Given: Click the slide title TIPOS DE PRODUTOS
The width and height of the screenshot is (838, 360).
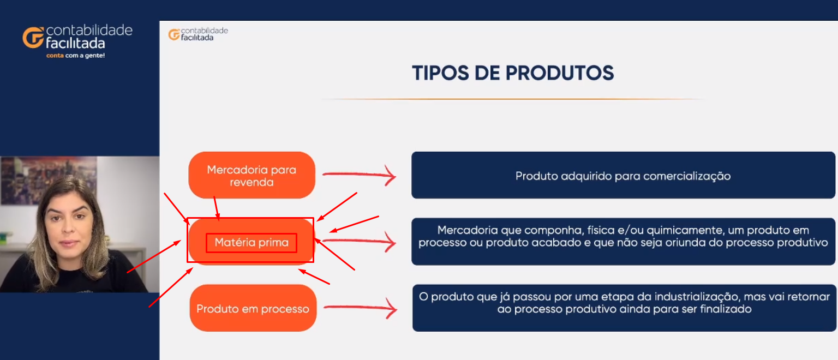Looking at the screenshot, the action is coord(513,73).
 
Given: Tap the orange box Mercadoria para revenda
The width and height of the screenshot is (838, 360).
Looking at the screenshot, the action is coord(252,175).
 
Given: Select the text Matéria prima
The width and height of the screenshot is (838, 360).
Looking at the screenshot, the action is coord(252,243).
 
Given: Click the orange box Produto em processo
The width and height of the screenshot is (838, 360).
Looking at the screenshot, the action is coord(253,308).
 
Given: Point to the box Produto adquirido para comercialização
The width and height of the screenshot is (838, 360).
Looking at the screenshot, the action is coord(623,175).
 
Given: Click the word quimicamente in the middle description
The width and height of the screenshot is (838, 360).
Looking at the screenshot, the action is coord(680,230).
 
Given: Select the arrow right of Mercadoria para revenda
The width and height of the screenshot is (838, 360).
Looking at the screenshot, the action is coord(359,175).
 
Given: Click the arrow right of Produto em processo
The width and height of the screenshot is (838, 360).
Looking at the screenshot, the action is coord(360,308).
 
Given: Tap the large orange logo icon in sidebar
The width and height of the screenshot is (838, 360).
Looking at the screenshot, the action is coord(33,38).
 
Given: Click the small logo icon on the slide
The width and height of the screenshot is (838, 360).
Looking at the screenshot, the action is coord(174,34).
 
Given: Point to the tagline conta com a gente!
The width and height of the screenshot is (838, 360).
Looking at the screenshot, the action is coord(76,56).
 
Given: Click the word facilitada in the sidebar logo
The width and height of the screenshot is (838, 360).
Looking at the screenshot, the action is coord(76,44).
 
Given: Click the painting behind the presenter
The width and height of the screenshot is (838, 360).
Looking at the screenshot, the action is coord(49,179).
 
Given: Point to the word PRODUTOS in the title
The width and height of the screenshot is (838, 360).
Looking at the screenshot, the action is coord(560,73).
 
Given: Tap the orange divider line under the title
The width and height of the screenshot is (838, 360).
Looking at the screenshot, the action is coord(512,99).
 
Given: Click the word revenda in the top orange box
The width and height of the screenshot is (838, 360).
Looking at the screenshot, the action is coord(252,182).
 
